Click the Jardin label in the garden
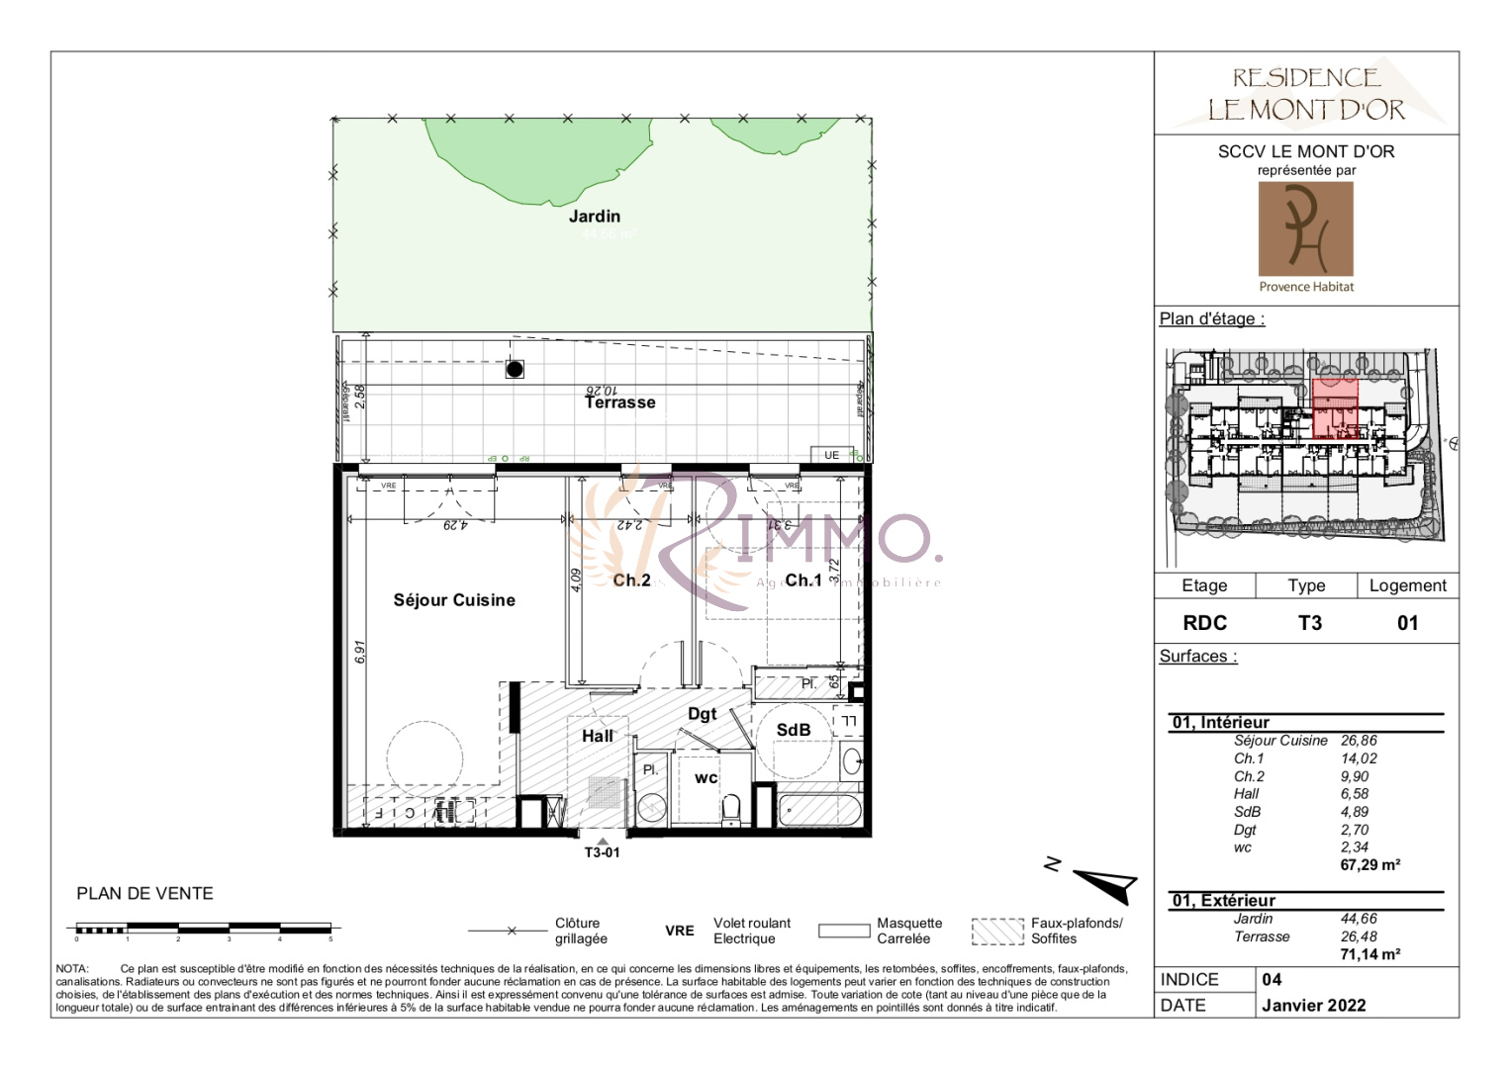(x=594, y=216)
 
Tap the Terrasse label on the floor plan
(x=619, y=402)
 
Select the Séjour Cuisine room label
(x=454, y=600)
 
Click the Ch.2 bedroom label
(x=631, y=580)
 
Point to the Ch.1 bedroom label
(x=802, y=580)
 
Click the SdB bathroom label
(x=793, y=730)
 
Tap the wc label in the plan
(x=706, y=778)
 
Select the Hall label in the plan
(x=597, y=736)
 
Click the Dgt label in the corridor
(x=702, y=714)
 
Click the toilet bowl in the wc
(x=731, y=810)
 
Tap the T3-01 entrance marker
(x=602, y=851)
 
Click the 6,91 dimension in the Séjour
(x=360, y=652)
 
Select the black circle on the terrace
(x=515, y=370)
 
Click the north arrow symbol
(x=1106, y=882)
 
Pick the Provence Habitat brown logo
(x=1305, y=229)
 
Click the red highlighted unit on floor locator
(x=1334, y=408)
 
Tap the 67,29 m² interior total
(x=1369, y=865)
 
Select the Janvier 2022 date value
(x=1313, y=1005)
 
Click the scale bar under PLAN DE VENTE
(x=204, y=928)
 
